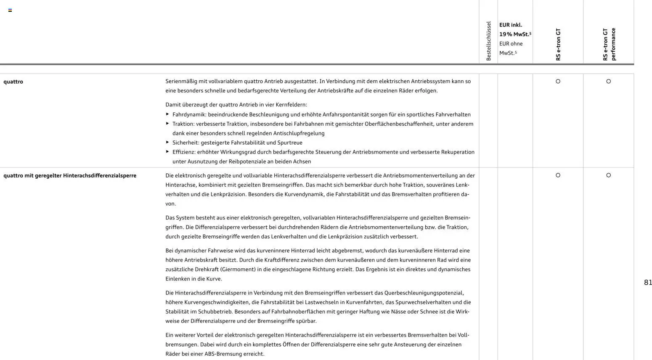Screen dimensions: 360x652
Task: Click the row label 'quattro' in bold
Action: click(13, 82)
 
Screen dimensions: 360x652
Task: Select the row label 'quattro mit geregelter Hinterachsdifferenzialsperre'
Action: click(70, 175)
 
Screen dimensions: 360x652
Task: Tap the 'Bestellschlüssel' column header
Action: click(488, 41)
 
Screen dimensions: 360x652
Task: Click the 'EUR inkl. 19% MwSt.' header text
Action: click(515, 29)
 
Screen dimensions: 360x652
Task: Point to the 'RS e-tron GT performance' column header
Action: click(609, 44)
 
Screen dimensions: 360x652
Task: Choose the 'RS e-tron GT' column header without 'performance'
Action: click(558, 44)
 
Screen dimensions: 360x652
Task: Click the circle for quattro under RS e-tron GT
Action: click(558, 81)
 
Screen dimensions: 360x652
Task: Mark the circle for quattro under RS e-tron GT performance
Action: click(608, 81)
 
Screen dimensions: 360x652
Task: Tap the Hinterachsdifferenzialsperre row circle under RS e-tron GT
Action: click(558, 175)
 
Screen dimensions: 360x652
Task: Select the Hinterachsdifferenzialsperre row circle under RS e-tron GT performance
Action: click(608, 175)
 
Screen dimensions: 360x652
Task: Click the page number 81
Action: click(648, 283)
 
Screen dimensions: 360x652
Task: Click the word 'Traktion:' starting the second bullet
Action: click(183, 124)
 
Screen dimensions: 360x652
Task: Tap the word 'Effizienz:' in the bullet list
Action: click(184, 152)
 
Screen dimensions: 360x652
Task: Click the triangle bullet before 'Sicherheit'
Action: click(167, 142)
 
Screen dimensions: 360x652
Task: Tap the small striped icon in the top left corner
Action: click(10, 10)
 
